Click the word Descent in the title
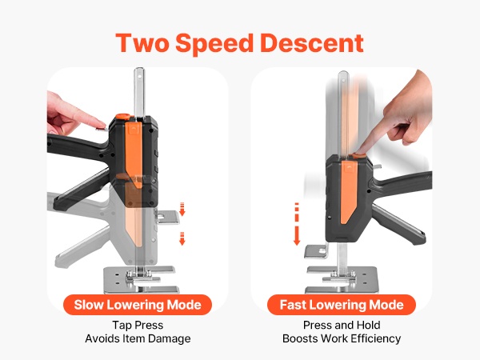point(312,43)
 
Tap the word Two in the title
point(142,43)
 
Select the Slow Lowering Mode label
point(138,305)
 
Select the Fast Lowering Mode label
point(342,305)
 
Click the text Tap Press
point(138,325)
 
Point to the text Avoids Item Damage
point(138,339)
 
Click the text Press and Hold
point(342,325)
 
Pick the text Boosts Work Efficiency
point(342,339)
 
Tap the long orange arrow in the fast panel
point(297,224)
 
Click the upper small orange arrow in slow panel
point(182,209)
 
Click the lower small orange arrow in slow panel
point(182,238)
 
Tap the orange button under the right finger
point(358,155)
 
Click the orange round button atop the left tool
point(122,116)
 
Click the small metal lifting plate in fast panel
point(316,251)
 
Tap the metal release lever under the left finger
point(102,129)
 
